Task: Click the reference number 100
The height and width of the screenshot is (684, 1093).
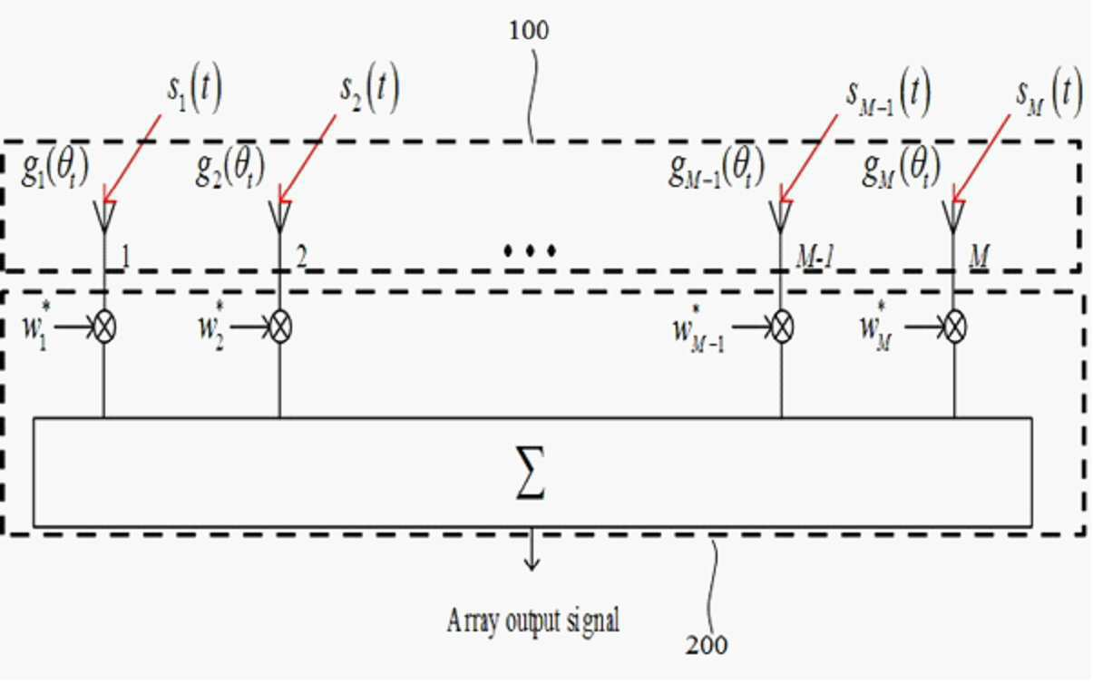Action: (x=529, y=30)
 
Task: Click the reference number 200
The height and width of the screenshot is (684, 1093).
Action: (x=706, y=645)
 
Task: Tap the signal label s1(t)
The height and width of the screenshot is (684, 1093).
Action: (x=194, y=89)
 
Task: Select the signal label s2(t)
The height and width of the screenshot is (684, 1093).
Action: (x=369, y=89)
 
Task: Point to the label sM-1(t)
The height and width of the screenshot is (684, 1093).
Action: (x=888, y=93)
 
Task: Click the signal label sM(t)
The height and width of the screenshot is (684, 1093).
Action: (x=1049, y=93)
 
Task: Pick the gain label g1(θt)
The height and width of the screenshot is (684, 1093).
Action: (x=54, y=167)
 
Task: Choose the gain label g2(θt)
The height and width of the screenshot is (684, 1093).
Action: (x=229, y=167)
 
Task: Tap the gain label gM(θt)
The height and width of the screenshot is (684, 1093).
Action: (x=901, y=167)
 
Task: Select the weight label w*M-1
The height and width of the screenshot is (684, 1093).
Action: (x=698, y=327)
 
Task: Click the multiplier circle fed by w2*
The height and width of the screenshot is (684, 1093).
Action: (x=280, y=327)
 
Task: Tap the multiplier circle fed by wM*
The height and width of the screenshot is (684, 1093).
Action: (x=955, y=327)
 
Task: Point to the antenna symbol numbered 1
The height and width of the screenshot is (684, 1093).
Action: (x=104, y=217)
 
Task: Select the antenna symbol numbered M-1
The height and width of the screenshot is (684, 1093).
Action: (x=780, y=217)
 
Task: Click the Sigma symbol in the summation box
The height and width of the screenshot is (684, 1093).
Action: (x=531, y=473)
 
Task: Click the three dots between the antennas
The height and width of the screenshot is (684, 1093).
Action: (x=530, y=250)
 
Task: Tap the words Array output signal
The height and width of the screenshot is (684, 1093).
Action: (x=532, y=620)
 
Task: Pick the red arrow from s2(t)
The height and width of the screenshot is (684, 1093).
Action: (x=307, y=159)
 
